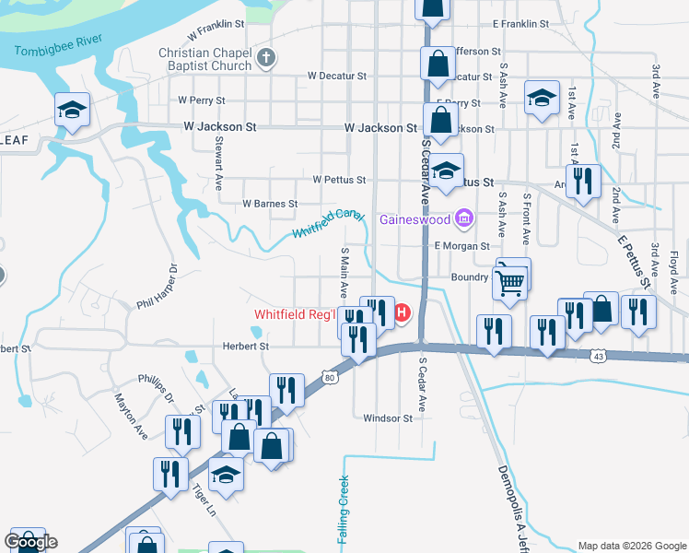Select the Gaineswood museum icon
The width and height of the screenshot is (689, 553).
coord(464,218)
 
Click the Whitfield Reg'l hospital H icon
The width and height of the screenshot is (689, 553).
coord(403,314)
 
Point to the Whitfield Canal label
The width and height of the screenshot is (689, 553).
coord(328,223)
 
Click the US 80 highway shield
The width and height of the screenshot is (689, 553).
coord(329,376)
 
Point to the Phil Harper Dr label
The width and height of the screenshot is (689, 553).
coord(155,289)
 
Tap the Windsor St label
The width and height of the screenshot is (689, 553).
coord(388,418)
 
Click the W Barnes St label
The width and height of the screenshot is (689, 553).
coord(269,203)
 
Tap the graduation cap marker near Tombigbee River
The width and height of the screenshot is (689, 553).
coord(72,111)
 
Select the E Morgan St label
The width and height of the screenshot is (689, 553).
coord(462,246)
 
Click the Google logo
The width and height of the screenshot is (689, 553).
coord(29,541)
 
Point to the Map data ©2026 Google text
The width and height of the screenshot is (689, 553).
coord(632,546)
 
